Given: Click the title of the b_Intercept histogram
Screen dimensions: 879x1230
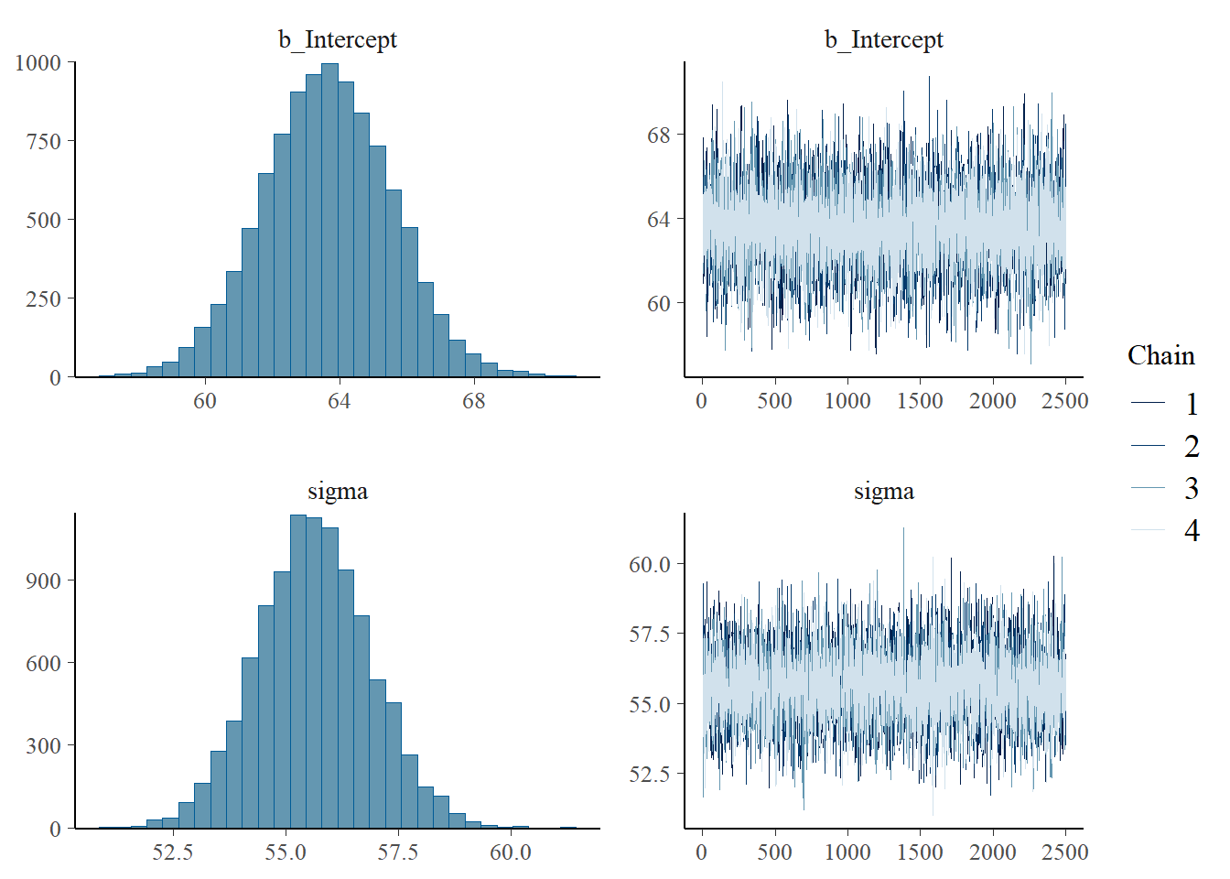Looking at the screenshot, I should click(338, 39).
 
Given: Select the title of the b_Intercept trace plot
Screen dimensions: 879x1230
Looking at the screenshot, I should click(883, 39).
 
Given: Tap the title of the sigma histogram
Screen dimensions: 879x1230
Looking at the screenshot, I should click(338, 491).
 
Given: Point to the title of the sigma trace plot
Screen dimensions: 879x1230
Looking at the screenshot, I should click(883, 491).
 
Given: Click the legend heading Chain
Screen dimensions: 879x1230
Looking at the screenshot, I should click(1160, 355).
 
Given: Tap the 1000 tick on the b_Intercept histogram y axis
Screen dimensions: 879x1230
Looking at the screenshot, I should click(38, 63).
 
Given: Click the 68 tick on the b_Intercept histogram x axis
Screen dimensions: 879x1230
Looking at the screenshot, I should click(473, 401).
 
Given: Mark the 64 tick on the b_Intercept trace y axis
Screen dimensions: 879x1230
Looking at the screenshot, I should click(659, 220).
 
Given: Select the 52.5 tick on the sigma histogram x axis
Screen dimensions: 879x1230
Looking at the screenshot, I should click(172, 852).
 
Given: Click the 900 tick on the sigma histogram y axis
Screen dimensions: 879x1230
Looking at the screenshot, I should click(43, 581).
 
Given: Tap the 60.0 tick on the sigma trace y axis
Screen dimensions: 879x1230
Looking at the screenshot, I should click(649, 565).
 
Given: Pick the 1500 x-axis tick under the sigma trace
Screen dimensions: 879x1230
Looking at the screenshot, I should click(920, 852).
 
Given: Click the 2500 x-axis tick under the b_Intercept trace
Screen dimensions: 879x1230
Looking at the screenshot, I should click(1065, 401).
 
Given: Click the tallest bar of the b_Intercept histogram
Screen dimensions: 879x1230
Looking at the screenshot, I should click(330, 220).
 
